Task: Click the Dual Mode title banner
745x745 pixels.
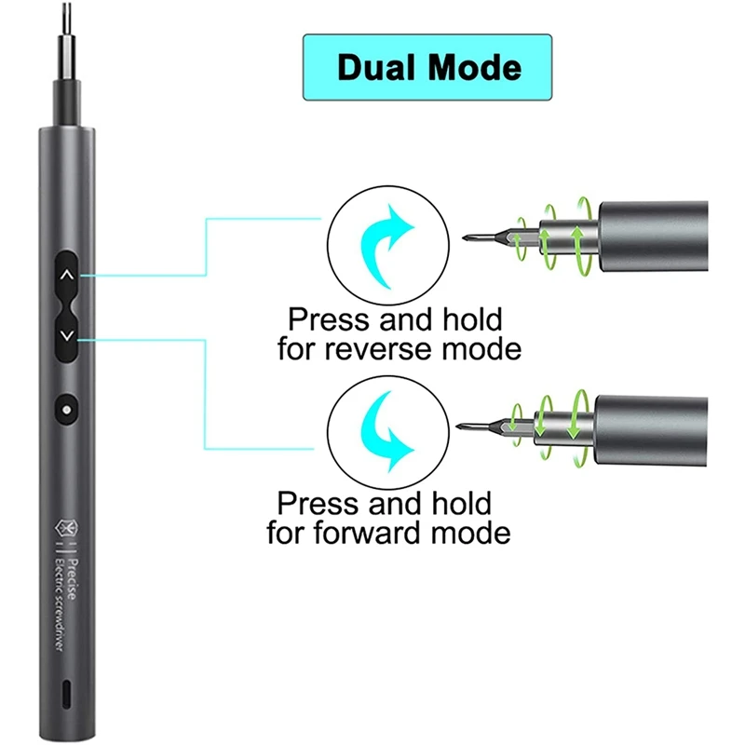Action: (x=427, y=67)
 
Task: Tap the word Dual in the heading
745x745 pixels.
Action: (x=376, y=67)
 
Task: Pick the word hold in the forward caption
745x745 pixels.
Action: (x=455, y=505)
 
